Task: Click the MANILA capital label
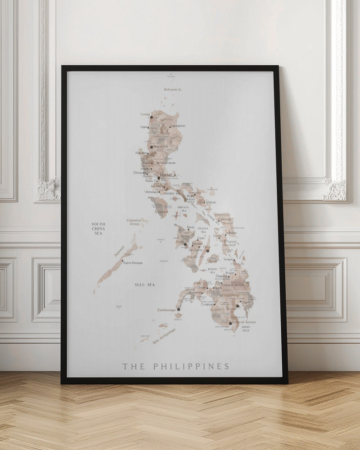[x=168, y=175]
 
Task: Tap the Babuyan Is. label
[x=173, y=90]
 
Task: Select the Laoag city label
[x=145, y=114]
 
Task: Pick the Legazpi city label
[x=211, y=202]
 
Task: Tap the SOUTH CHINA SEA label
[x=98, y=229]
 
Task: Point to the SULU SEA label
[x=144, y=285]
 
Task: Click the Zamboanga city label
[x=166, y=310]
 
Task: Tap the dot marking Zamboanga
[x=178, y=310]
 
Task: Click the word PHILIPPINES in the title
[x=191, y=366]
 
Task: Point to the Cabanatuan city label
[x=167, y=163]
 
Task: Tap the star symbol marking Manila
[x=158, y=177]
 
